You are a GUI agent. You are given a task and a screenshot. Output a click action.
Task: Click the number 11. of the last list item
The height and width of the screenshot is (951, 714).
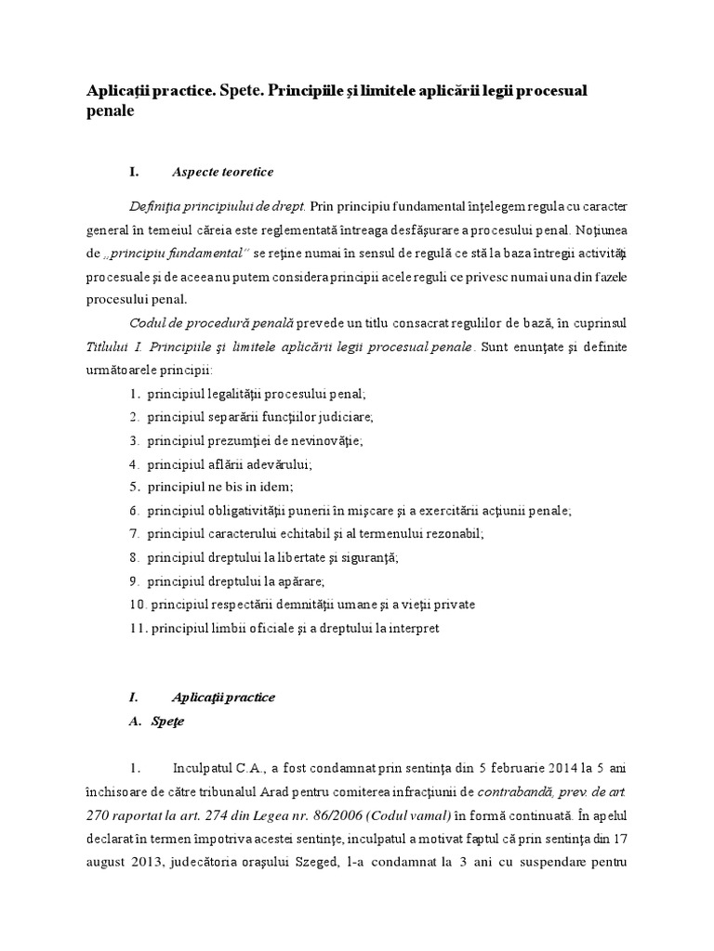[138, 629]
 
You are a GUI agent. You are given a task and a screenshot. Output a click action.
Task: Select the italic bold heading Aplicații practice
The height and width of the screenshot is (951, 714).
[223, 697]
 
